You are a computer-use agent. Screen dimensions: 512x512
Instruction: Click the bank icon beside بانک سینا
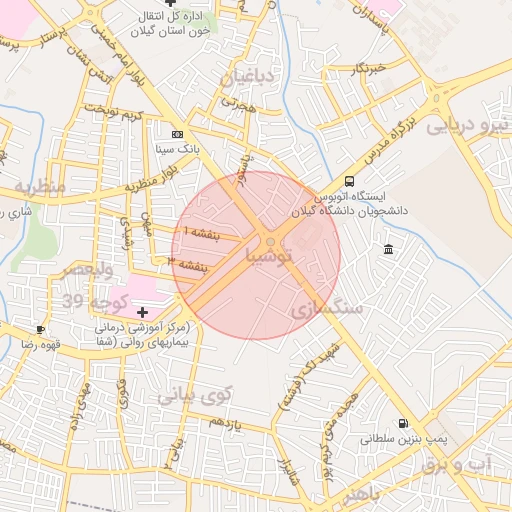[178, 134]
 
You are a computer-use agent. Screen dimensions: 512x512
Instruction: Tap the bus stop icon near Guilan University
[349, 181]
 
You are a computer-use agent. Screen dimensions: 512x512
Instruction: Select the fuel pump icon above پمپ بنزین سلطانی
[403, 424]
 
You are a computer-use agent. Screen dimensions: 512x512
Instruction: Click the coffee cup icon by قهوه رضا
[40, 329]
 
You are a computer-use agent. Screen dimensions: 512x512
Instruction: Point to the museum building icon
[388, 248]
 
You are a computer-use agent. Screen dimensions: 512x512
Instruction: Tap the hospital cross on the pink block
[142, 313]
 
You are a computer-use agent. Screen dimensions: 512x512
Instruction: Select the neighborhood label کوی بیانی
[194, 394]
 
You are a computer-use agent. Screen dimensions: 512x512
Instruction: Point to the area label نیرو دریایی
[467, 127]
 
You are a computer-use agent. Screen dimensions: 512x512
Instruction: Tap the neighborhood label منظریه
[40, 187]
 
